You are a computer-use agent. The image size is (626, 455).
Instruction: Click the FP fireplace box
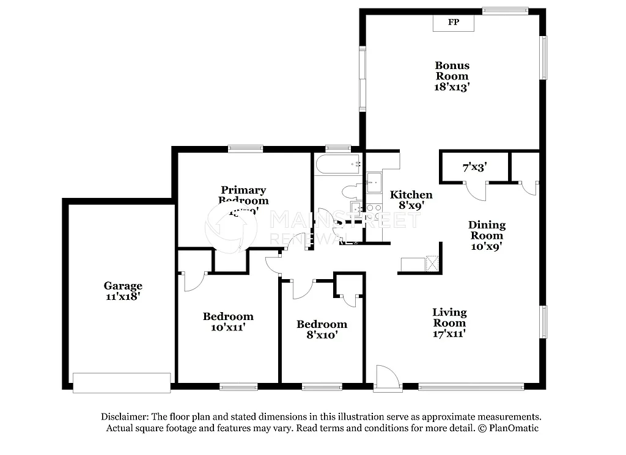pyautogui.click(x=454, y=23)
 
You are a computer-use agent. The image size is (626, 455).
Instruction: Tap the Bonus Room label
pyautogui.click(x=452, y=70)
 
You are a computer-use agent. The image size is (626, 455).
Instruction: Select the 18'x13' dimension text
pyautogui.click(x=452, y=87)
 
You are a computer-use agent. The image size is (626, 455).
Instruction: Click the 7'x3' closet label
pyautogui.click(x=474, y=166)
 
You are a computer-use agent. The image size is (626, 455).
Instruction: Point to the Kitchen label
pyautogui.click(x=411, y=195)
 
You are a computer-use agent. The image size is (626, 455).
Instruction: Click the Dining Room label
pyautogui.click(x=487, y=230)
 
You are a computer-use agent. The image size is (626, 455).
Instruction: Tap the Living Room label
pyautogui.click(x=449, y=318)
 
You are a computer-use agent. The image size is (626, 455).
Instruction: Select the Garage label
pyautogui.click(x=123, y=285)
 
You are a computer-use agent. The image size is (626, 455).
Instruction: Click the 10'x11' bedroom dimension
pyautogui.click(x=228, y=327)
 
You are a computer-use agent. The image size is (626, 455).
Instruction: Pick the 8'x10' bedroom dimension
pyautogui.click(x=322, y=335)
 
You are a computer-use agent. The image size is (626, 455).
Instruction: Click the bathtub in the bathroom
pyautogui.click(x=337, y=164)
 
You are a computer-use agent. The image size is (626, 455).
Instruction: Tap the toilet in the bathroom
pyautogui.click(x=352, y=191)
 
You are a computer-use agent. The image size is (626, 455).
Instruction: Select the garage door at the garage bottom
pyautogui.click(x=121, y=382)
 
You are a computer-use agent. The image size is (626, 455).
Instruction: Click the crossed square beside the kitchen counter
pyautogui.click(x=432, y=264)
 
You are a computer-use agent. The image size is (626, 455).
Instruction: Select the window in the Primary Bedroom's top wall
pyautogui.click(x=245, y=148)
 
